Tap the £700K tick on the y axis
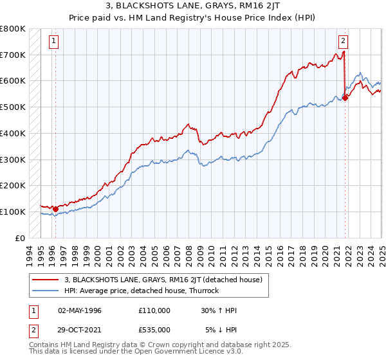[13, 55]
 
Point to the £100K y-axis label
[13, 212]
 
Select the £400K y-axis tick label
[13, 133]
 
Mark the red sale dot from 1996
[55, 209]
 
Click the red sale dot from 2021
[345, 98]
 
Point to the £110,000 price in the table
[154, 310]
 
